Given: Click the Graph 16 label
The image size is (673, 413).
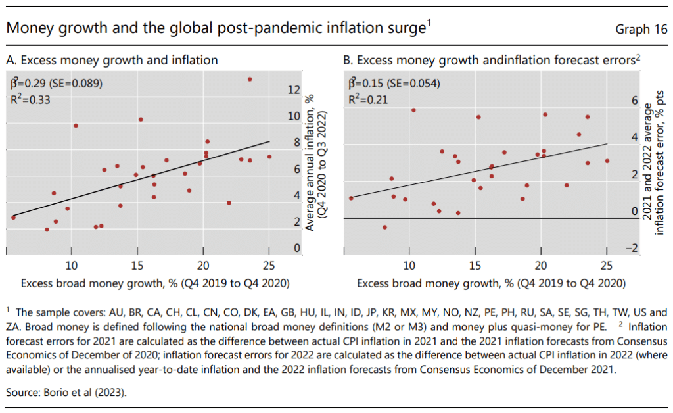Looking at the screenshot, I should [x=641, y=29].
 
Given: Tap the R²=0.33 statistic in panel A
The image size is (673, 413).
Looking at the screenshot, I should [x=30, y=100].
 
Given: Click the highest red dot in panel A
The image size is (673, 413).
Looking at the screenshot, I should [x=250, y=79].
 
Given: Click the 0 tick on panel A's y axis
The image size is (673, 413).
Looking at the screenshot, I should [x=297, y=248].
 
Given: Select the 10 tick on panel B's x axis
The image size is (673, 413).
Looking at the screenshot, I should [x=409, y=266].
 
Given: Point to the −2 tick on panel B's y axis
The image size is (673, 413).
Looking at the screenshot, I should [x=632, y=247].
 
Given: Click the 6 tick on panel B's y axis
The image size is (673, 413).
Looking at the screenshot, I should [x=634, y=101].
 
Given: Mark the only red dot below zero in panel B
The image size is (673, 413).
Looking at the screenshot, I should [x=384, y=227].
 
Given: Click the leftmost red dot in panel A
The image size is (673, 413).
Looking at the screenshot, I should [x=13, y=217].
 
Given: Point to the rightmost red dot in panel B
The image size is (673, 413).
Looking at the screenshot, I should [x=607, y=160].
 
